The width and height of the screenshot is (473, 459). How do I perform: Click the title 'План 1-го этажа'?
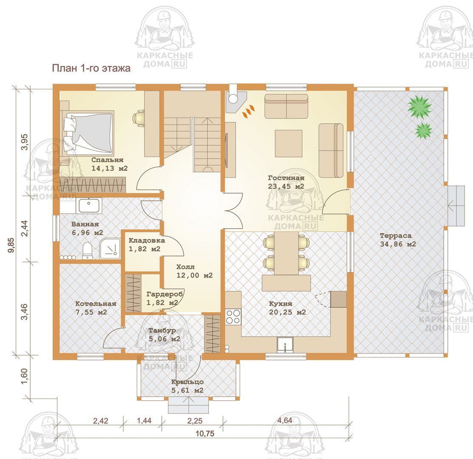[91, 68]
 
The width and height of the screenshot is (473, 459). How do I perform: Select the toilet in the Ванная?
[87, 250]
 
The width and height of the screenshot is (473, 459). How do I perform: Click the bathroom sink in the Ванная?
[89, 206]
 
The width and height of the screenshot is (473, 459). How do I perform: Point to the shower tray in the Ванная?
[110, 248]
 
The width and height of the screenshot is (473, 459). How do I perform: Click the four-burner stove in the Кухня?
[233, 316]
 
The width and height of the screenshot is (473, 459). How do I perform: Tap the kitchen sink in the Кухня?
[285, 344]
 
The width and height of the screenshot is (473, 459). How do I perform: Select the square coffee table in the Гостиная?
[289, 144]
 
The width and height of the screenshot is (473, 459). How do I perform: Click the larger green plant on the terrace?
[419, 107]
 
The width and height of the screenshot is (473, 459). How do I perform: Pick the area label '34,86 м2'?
[398, 244]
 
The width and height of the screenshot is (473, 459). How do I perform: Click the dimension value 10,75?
[205, 433]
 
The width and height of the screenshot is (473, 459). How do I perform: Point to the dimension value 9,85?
[11, 246]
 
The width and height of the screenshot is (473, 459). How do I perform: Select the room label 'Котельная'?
[96, 304]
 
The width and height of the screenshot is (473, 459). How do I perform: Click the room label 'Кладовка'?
[147, 241]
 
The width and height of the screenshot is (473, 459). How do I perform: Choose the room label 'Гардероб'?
[165, 294]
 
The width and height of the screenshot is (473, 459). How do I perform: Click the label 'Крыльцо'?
[187, 382]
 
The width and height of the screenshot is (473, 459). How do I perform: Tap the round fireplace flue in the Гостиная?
[232, 98]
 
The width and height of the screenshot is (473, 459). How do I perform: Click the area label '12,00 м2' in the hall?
[195, 275]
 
